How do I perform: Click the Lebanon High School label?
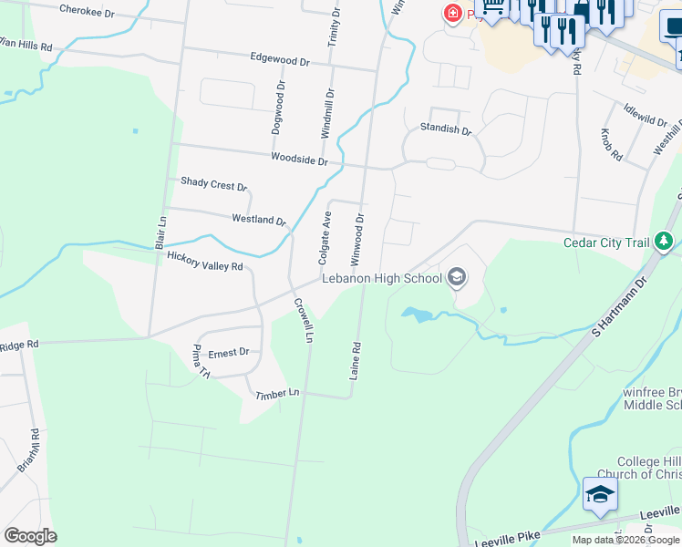(x=380, y=278)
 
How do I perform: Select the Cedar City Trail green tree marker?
(x=666, y=241)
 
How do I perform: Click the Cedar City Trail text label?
(x=605, y=243)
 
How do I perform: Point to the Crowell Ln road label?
(x=303, y=321)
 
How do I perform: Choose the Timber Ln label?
(x=277, y=393)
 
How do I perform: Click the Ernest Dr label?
(x=228, y=352)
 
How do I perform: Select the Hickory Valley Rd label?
(x=205, y=262)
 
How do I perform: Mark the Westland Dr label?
(x=259, y=220)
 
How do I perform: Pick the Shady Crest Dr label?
(x=213, y=184)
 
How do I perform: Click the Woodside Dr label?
(x=299, y=160)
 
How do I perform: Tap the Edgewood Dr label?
(x=280, y=59)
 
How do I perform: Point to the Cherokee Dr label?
(x=87, y=12)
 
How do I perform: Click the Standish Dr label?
(x=445, y=129)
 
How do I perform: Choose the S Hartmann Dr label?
(x=616, y=309)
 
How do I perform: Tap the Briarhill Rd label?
(x=28, y=450)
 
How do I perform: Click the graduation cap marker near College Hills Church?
(x=599, y=495)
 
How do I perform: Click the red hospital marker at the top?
(x=451, y=13)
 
